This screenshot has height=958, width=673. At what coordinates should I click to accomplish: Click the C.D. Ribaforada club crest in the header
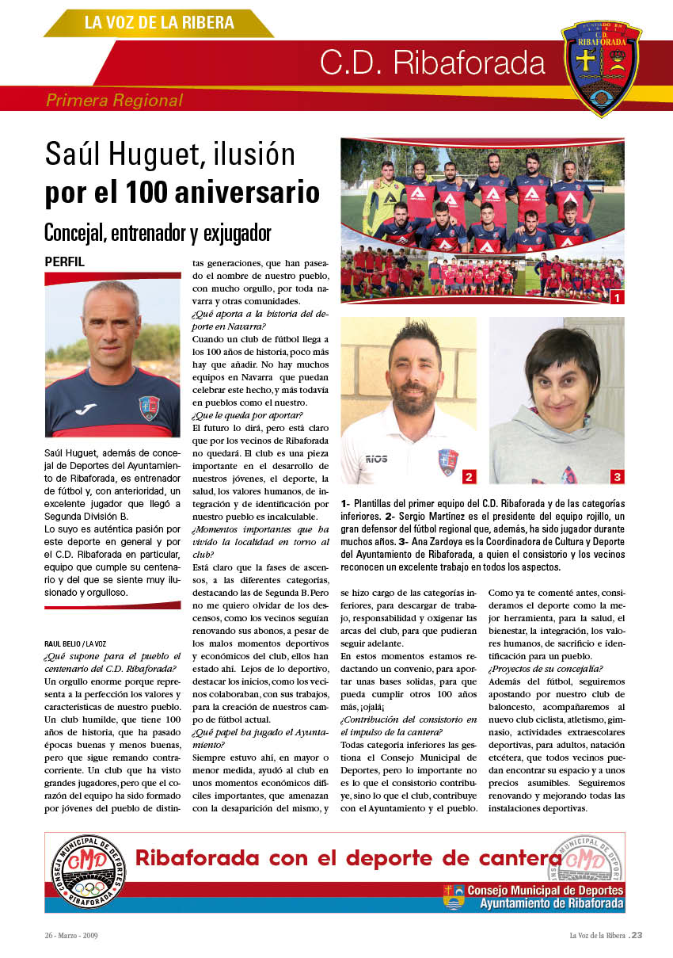click(602, 67)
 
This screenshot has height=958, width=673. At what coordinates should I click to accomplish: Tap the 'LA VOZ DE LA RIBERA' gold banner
click(159, 23)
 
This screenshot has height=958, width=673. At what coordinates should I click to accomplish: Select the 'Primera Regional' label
click(114, 101)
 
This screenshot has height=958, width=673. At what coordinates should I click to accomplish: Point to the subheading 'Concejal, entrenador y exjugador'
click(158, 233)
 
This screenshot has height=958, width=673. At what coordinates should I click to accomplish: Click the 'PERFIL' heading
click(64, 261)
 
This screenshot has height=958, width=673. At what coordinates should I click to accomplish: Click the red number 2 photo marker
click(469, 476)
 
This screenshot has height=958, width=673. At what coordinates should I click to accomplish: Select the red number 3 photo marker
click(617, 476)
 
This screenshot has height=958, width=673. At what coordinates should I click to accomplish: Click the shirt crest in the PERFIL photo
click(149, 407)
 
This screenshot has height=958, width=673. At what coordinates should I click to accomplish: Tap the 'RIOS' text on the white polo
click(376, 458)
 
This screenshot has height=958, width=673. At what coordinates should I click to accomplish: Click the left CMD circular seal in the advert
click(88, 872)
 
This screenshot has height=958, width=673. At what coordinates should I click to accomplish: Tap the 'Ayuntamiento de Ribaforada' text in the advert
click(551, 903)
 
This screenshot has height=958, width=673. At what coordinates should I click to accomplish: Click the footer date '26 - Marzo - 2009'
click(71, 935)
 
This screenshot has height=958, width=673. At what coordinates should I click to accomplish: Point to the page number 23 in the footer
click(637, 935)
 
